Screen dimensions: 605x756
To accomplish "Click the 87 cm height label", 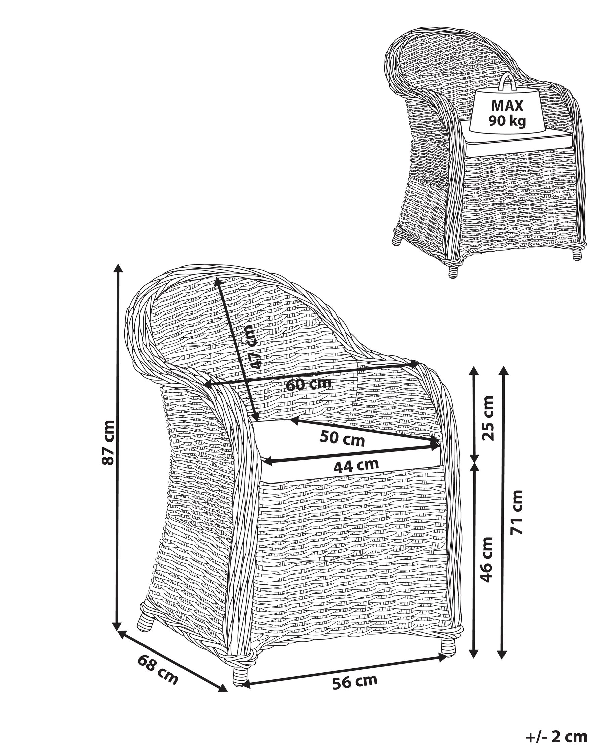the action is point(108,443).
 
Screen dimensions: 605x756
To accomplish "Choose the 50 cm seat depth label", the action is point(342,438).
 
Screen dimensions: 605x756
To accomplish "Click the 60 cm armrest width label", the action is point(309,384).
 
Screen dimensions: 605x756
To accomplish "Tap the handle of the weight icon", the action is point(508,82).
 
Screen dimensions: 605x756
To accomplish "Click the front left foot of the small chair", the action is point(453,271).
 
